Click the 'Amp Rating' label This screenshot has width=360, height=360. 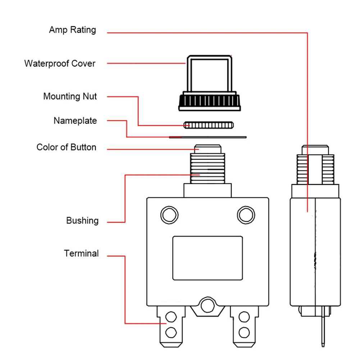tap(72, 30)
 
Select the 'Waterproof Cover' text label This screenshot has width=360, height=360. tap(60, 64)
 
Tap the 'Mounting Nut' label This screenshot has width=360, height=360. tap(70, 96)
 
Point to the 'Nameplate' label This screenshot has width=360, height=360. tap(75, 121)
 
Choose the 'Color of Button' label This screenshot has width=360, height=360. tap(66, 147)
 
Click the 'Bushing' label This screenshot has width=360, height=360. tap(82, 220)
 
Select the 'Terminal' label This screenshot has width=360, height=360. tap(81, 254)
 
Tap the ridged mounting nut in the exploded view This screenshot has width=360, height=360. tap(208, 125)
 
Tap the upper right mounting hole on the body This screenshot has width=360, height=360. tap(246, 215)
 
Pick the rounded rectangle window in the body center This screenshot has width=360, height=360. tap(208, 258)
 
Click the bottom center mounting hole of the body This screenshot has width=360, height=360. tap(206, 306)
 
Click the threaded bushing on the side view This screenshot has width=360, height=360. tap(315, 169)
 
